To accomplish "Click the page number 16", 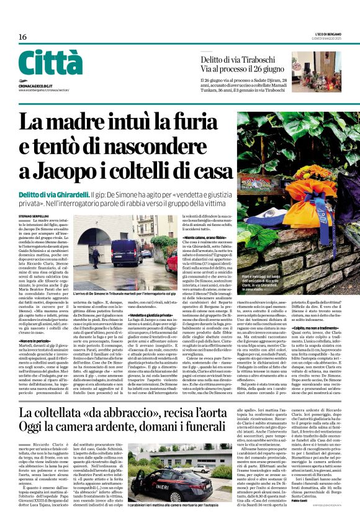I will [22, 37].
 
